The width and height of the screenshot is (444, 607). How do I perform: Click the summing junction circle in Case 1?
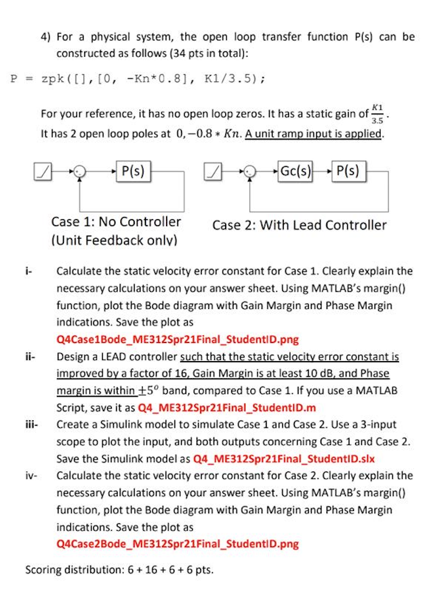click(79, 172)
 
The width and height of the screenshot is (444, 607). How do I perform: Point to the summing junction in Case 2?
click(249, 172)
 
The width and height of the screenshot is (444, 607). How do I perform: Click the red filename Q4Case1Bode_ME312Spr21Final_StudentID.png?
click(177, 340)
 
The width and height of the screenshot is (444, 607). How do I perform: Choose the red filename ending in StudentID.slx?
click(285, 459)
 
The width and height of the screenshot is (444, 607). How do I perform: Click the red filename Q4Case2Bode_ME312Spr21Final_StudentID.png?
click(177, 544)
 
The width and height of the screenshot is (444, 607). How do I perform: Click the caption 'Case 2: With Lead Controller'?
click(299, 225)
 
